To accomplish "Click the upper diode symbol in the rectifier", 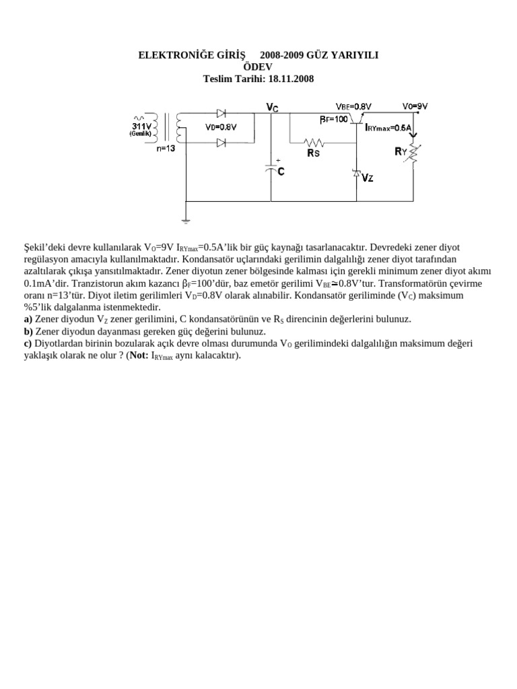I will pos(221,113).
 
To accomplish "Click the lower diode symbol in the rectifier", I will pos(221,142).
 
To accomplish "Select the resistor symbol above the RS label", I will pos(314,143).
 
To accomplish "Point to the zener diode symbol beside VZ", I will pos(356,174).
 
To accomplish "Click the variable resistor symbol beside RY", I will pos(413,154).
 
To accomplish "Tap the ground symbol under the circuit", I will pos(186,220).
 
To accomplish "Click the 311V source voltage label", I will pos(141,125).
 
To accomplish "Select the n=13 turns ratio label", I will pos(166,149).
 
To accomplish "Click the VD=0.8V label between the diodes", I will pos(221,127).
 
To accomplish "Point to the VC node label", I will pos(272,106).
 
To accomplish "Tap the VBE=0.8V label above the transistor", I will pos(353,106).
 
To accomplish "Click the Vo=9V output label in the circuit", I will pos(415,106).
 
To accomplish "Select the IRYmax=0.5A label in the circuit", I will pos(388,127).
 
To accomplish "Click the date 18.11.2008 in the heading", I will pos(291,79).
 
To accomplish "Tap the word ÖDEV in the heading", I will pos(258,67).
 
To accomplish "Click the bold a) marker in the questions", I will pos(28,320).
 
